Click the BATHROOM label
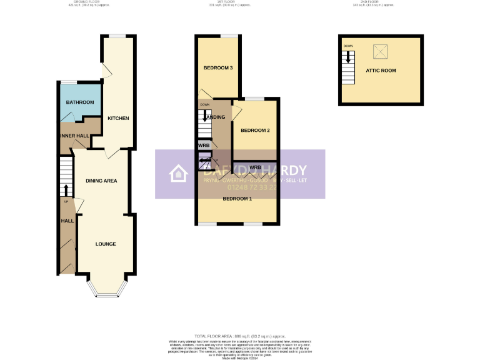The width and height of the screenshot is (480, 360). (80, 102)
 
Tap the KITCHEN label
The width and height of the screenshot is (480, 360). (118, 118)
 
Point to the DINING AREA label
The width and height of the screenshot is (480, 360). (101, 181)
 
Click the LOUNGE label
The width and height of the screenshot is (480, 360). (106, 244)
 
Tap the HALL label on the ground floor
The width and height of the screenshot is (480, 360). (67, 221)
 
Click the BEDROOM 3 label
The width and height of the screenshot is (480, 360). (218, 67)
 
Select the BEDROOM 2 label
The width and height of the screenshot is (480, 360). (255, 131)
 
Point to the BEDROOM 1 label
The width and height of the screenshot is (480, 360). (237, 199)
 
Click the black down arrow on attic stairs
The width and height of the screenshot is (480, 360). (348, 58)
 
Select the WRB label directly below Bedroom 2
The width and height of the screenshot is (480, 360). (255, 167)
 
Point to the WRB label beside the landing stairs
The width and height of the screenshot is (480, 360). (203, 146)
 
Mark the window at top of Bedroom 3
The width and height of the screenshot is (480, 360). (218, 36)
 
